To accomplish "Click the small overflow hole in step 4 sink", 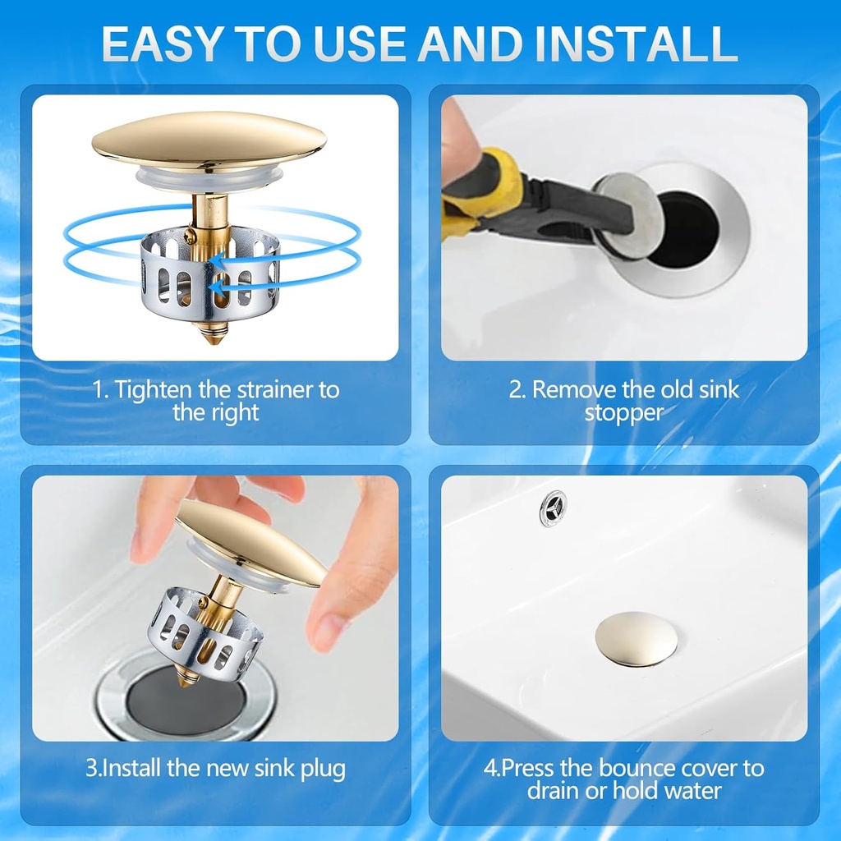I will click(553, 507).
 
